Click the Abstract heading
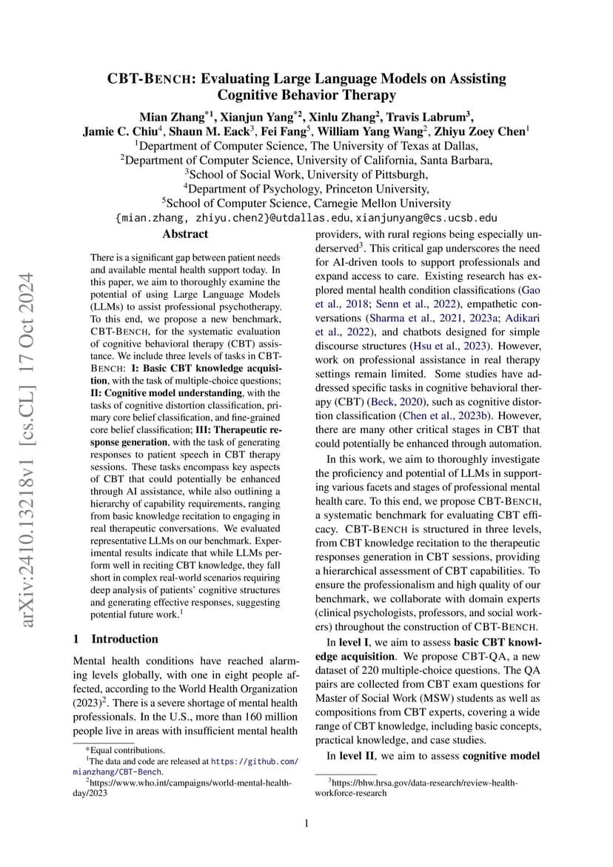(185, 235)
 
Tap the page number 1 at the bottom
(306, 823)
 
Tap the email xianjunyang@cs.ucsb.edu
(426, 218)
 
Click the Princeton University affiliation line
(306, 189)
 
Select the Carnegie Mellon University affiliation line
(306, 203)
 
